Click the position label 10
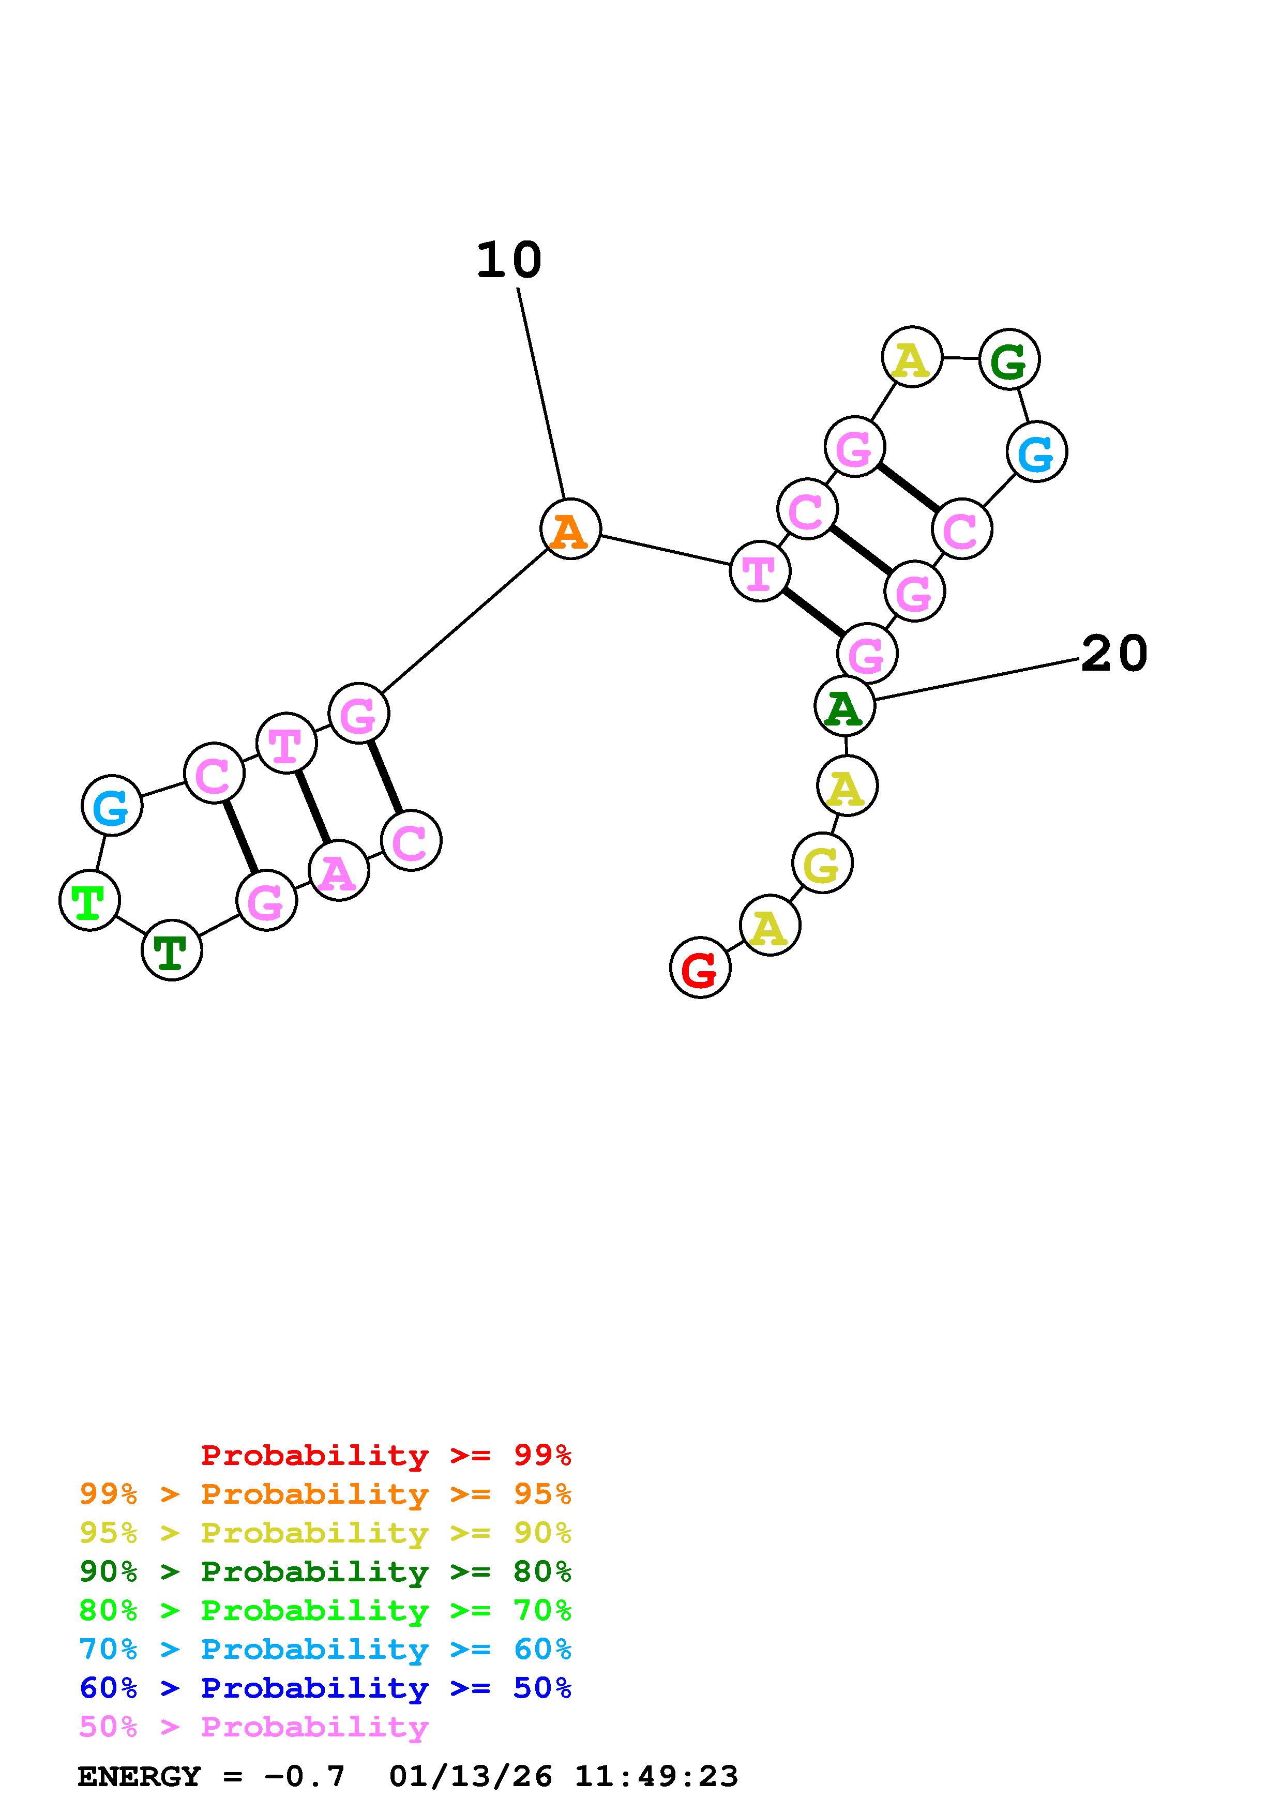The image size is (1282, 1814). tap(509, 261)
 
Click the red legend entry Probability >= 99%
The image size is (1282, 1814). tap(386, 1455)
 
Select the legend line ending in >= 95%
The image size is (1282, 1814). tap(325, 1494)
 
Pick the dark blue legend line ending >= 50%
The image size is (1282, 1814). tap(325, 1688)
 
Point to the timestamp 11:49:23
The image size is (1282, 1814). tap(656, 1777)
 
